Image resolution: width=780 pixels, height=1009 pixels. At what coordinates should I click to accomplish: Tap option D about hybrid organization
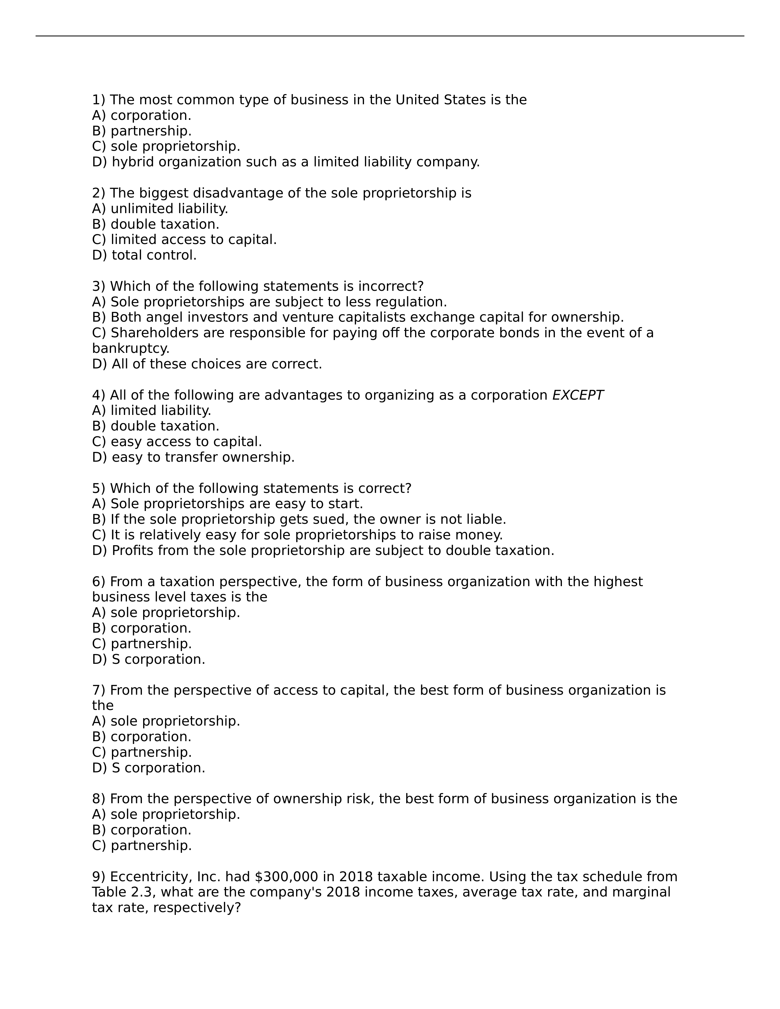tap(286, 162)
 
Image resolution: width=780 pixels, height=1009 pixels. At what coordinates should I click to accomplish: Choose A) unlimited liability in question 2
tap(160, 209)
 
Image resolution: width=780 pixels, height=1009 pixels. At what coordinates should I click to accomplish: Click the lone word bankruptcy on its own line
tap(131, 348)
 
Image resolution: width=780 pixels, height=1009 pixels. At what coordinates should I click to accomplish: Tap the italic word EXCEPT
tap(578, 395)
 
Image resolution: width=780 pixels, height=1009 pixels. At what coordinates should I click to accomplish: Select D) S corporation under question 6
tap(148, 659)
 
